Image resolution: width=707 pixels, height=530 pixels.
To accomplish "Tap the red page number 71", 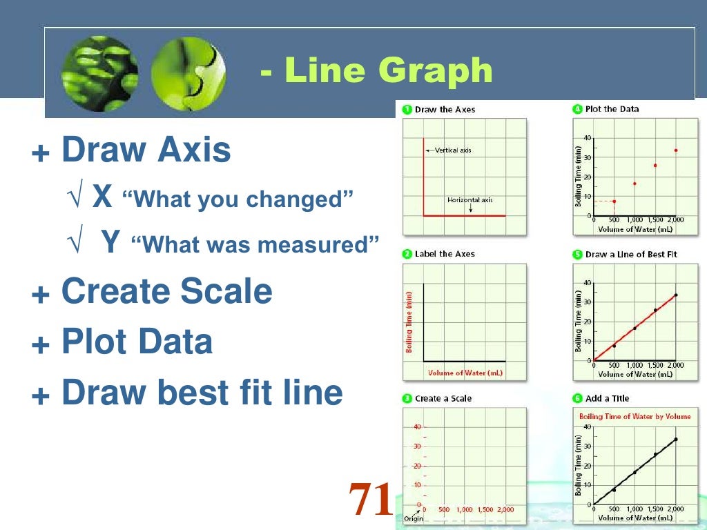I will point(370,500).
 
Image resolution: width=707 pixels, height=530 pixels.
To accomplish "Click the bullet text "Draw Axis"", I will point(146,150).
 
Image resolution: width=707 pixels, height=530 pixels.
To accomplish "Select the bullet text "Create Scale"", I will point(166,292).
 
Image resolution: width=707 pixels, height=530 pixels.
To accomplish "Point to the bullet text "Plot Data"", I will point(137,342).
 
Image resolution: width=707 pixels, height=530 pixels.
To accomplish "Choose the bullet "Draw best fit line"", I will point(202,393).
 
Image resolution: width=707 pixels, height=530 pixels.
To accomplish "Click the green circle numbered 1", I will point(407,109).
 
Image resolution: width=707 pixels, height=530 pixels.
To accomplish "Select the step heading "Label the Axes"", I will point(445,254).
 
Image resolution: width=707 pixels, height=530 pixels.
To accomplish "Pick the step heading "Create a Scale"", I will point(443,399).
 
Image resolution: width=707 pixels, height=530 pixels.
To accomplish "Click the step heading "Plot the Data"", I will point(612,109).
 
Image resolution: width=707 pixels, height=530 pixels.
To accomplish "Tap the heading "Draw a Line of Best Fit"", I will point(631,254).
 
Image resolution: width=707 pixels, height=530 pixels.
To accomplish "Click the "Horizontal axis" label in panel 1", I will point(469,200).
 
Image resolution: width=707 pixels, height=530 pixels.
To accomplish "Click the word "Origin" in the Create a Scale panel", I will point(413,518).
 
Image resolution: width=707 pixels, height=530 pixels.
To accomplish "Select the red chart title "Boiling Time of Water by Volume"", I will point(634,416).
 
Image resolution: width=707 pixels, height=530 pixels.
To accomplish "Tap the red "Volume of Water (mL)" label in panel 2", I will point(465,373).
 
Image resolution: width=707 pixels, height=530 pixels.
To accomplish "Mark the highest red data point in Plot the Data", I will point(675,150).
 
